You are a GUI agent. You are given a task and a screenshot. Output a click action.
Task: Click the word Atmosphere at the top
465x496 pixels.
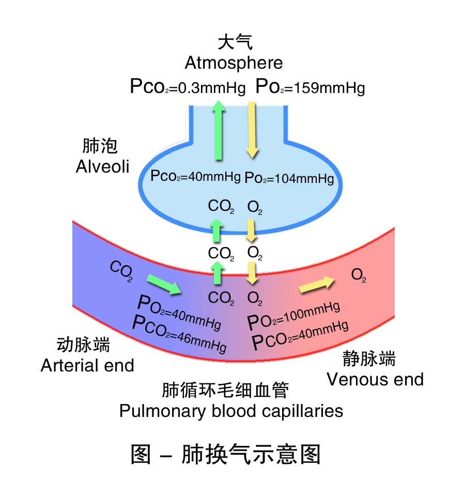tap(234, 63)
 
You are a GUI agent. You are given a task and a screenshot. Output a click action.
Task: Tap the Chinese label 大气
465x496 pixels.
tap(235, 42)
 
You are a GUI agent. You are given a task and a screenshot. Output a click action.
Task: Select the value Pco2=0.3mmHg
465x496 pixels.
tap(188, 87)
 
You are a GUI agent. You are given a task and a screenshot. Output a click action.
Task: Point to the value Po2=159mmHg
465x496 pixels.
tap(310, 87)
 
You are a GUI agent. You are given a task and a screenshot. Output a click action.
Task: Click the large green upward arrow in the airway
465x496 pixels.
tap(219, 130)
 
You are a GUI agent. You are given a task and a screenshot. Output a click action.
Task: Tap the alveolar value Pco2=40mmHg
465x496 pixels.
tap(195, 176)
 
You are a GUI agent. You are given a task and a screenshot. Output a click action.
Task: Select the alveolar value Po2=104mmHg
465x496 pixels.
tap(289, 178)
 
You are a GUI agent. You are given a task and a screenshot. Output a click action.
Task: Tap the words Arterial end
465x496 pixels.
tap(87, 365)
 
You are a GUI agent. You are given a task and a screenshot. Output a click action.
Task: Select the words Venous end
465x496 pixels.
tap(375, 379)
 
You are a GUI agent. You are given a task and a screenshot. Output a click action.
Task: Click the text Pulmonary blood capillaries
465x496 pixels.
tap(231, 411)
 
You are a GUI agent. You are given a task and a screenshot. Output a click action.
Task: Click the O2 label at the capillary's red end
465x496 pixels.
tap(359, 275)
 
